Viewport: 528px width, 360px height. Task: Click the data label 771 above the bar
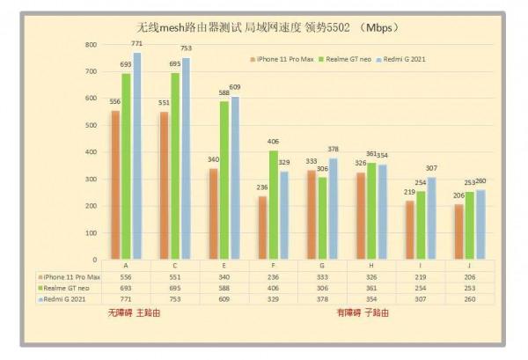[136, 43]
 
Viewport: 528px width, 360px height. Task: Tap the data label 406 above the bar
[273, 142]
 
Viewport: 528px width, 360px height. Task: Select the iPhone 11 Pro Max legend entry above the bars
[282, 60]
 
